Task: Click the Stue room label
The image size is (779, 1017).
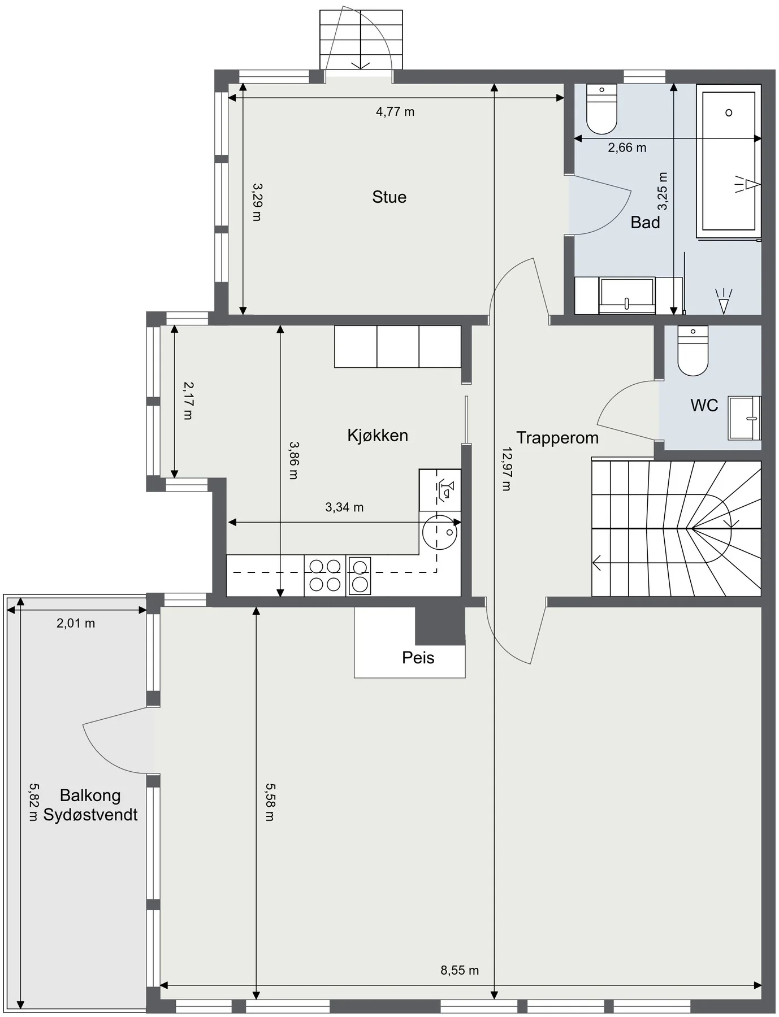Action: [389, 197]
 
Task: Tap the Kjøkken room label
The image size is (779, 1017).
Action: [378, 436]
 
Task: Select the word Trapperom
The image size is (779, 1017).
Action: [557, 438]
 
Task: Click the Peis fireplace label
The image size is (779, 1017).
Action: [418, 658]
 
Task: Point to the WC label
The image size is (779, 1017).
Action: [704, 405]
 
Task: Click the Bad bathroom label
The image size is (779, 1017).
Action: [645, 223]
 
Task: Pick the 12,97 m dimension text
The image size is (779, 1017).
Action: [507, 469]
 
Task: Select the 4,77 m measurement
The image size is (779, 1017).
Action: [395, 112]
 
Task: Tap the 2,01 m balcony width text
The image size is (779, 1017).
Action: [76, 623]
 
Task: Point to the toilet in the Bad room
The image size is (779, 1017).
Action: [601, 109]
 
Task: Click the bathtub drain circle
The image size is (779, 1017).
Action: [729, 112]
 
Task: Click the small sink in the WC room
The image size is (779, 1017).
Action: [745, 418]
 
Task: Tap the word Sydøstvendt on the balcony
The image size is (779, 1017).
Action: [90, 815]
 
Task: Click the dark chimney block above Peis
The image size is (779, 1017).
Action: [440, 626]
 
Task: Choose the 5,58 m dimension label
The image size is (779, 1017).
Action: [270, 802]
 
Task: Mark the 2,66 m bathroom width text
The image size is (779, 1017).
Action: [627, 148]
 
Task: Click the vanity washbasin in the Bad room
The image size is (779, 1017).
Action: [627, 295]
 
